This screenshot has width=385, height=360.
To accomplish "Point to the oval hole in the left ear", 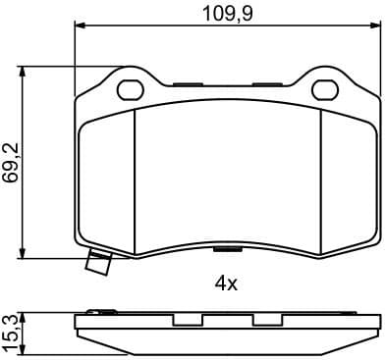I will pos(129,89).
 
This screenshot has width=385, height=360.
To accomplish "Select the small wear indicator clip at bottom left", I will pos(98,263).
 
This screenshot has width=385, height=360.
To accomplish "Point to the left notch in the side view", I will pos(185,321).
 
